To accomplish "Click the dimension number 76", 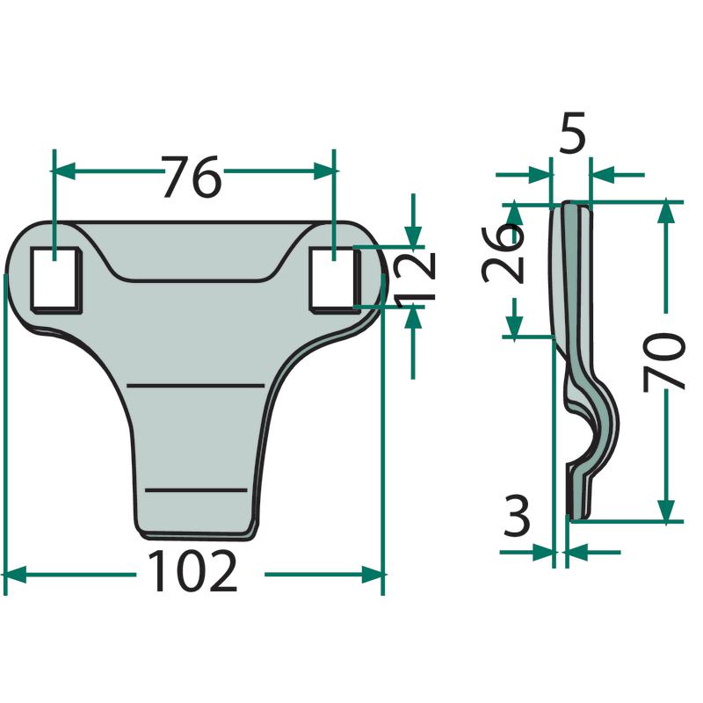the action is pyautogui.click(x=192, y=177).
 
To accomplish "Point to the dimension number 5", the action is pyautogui.click(x=572, y=133).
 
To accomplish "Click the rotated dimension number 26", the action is pyautogui.click(x=503, y=256).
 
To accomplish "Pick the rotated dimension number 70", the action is pyautogui.click(x=664, y=362).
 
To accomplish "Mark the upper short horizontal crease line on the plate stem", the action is pyautogui.click(x=196, y=385).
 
